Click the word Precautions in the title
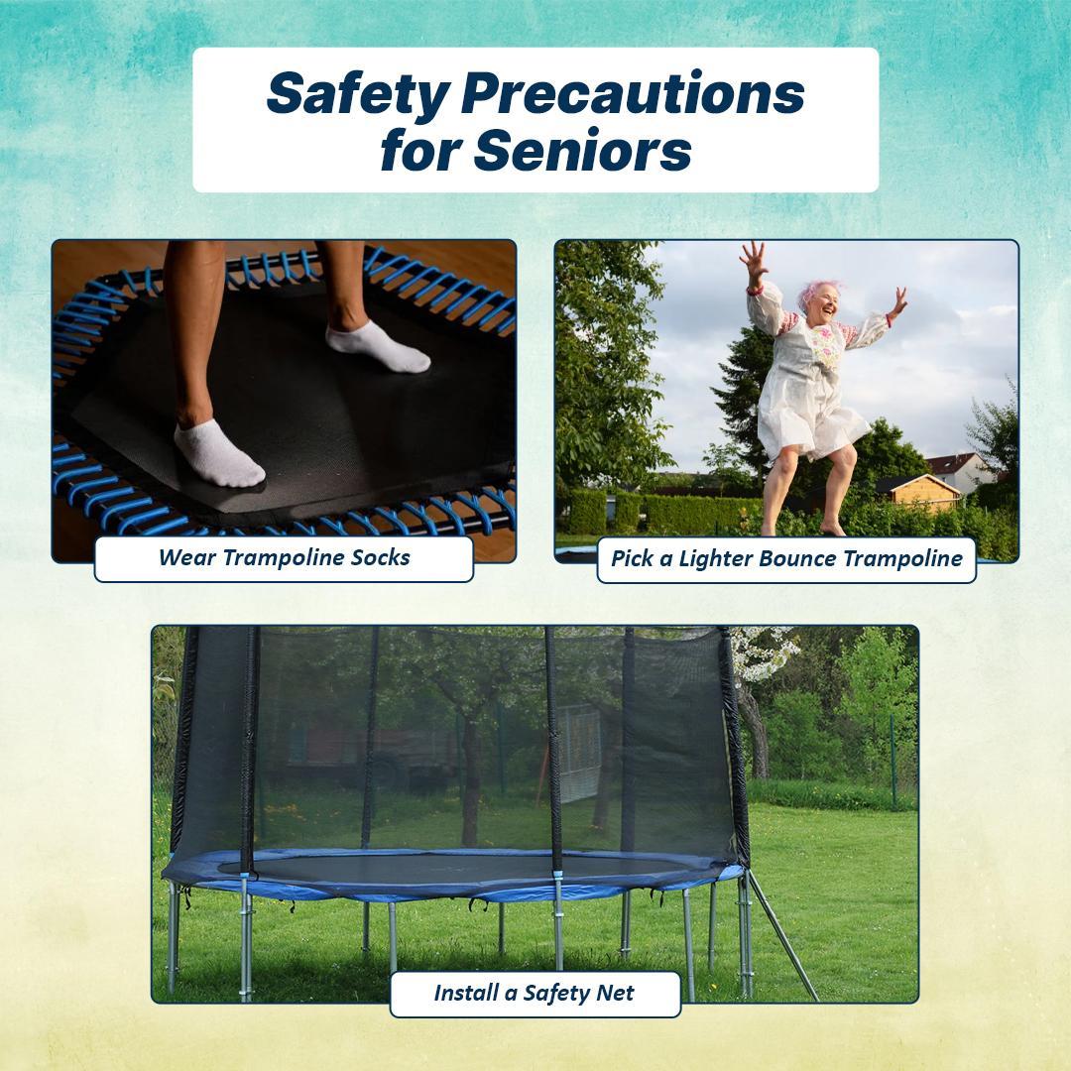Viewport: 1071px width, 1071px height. click(x=632, y=94)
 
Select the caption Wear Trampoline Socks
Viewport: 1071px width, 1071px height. click(x=284, y=557)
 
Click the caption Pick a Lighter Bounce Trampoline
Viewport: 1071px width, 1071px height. click(x=786, y=558)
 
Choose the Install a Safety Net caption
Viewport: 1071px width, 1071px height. click(x=535, y=993)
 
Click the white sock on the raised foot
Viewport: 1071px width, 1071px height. click(x=377, y=347)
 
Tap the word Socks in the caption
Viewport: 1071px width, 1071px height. click(x=380, y=557)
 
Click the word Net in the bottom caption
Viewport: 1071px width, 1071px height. click(x=615, y=993)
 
